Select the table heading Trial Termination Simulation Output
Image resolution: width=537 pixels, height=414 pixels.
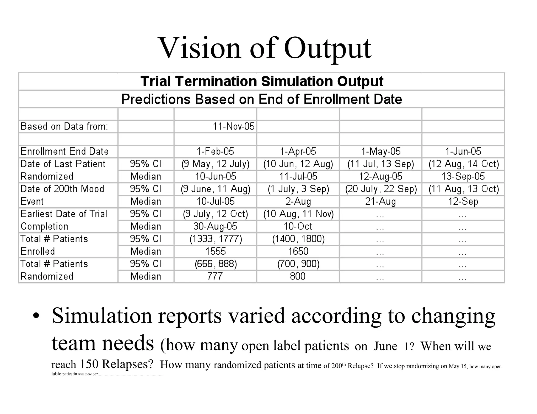tap(262, 81)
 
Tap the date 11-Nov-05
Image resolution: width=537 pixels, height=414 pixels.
tap(233, 126)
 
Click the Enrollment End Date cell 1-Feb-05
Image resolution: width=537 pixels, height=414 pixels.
tap(215, 152)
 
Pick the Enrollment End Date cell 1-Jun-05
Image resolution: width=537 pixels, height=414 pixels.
tap(463, 152)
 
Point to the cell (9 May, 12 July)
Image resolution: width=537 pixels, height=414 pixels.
tap(215, 164)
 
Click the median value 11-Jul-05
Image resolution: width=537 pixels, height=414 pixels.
tap(298, 176)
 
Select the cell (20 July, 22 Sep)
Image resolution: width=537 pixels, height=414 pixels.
tap(381, 189)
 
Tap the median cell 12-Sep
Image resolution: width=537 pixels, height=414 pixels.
tap(463, 202)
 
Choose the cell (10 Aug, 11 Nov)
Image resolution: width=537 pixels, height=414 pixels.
tap(298, 214)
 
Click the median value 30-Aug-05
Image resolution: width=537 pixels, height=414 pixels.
tap(215, 226)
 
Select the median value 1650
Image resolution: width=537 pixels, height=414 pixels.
tap(298, 251)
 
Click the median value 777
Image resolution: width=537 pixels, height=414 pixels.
tap(215, 276)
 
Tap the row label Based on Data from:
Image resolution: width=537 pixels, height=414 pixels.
tap(64, 126)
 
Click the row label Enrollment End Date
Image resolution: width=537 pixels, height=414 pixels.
tap(65, 152)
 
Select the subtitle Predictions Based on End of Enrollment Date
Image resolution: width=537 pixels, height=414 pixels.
tap(262, 99)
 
